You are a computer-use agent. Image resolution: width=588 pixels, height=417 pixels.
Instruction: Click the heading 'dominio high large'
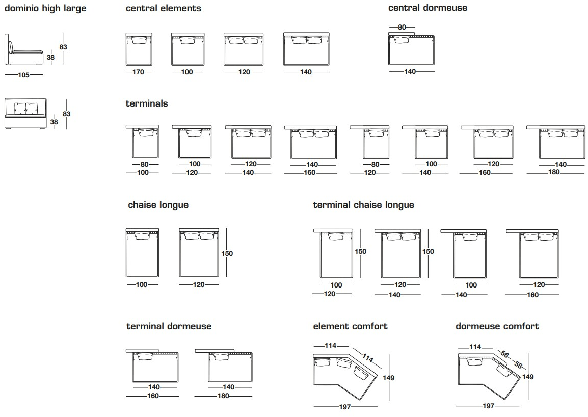pyautogui.click(x=45, y=8)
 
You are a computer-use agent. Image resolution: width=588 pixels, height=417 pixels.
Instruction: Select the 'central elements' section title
pyautogui.click(x=163, y=8)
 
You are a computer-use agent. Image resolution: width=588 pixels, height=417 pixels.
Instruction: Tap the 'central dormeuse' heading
pyautogui.click(x=427, y=8)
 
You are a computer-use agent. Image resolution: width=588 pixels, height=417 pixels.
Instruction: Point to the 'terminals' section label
pyautogui.click(x=146, y=103)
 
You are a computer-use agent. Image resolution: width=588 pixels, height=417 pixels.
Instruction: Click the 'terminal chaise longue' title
pyautogui.click(x=363, y=205)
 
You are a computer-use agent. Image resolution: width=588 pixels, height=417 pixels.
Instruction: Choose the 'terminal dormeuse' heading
pyautogui.click(x=169, y=326)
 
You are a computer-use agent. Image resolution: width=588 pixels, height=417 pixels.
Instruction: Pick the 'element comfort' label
pyautogui.click(x=350, y=326)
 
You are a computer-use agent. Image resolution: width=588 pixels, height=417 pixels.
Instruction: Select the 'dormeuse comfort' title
pyautogui.click(x=497, y=326)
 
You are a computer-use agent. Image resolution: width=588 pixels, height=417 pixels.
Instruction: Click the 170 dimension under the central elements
pyautogui.click(x=138, y=72)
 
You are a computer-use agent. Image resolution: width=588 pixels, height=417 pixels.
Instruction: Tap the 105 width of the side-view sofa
pyautogui.click(x=23, y=75)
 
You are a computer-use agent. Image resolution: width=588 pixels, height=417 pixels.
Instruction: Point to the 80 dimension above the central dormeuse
pyautogui.click(x=402, y=28)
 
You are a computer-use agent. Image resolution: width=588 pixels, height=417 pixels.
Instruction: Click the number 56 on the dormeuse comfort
pyautogui.click(x=505, y=354)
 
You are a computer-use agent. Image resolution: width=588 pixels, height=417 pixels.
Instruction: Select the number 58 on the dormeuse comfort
pyautogui.click(x=518, y=364)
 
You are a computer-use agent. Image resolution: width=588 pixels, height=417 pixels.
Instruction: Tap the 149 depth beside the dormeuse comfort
pyautogui.click(x=528, y=377)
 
